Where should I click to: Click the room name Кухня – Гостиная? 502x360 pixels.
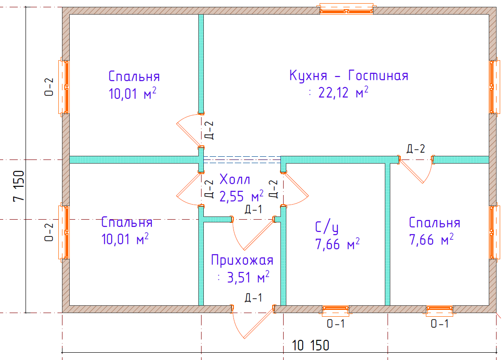[349, 75]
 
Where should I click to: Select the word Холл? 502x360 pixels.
[235, 179]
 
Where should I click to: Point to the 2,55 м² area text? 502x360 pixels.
[241, 196]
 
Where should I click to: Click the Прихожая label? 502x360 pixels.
[242, 261]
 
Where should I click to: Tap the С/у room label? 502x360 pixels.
[327, 227]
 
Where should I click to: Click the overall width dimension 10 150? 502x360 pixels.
[310, 345]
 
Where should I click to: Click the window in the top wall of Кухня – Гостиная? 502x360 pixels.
[346, 9]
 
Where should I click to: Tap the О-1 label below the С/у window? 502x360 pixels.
[336, 324]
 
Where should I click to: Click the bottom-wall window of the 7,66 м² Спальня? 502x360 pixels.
[440, 310]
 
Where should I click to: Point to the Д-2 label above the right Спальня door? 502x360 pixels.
[416, 149]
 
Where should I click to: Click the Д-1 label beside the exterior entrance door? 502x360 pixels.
[254, 298]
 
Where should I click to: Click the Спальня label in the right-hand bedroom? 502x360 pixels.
[435, 223]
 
